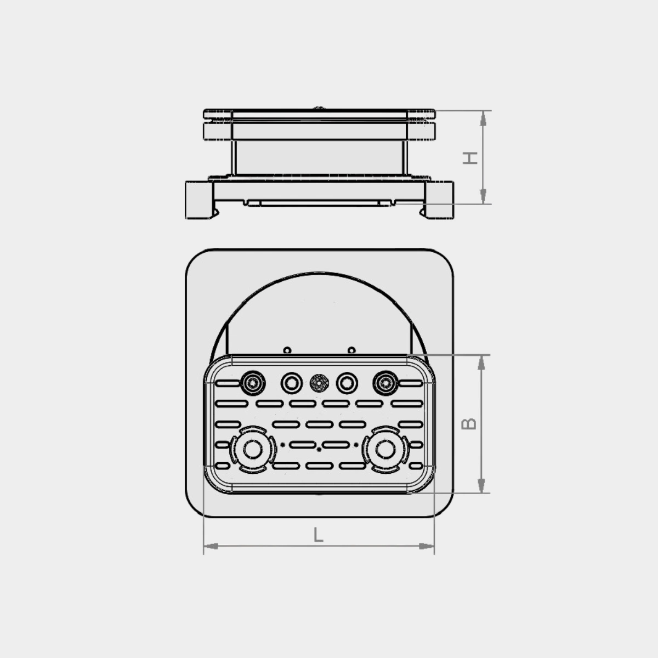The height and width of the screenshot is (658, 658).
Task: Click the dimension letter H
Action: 470,158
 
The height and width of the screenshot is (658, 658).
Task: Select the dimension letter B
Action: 469,424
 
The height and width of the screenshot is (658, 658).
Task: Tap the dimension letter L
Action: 318,535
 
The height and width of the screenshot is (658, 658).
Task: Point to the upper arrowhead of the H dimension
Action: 483,119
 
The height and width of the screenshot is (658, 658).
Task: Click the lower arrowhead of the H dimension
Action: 483,196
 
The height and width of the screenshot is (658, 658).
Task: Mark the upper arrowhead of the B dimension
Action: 481,362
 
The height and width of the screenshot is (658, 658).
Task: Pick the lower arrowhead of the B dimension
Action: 481,485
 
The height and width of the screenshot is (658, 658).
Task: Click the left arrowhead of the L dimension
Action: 211,546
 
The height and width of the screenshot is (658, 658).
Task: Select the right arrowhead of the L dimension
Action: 426,546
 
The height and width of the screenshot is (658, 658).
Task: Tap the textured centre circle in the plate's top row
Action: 319,383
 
